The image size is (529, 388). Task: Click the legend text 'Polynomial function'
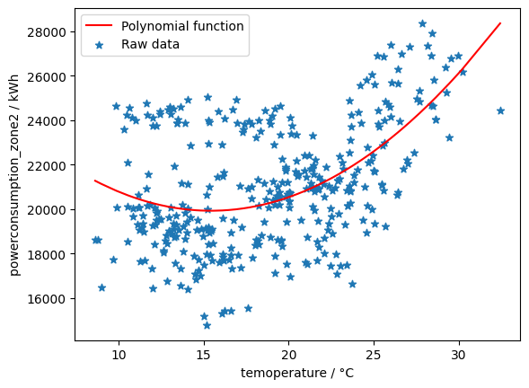(x=183, y=26)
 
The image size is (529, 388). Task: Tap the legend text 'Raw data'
(x=151, y=44)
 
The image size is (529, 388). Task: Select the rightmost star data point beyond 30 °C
(x=500, y=110)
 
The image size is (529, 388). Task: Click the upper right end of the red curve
(x=500, y=23)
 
